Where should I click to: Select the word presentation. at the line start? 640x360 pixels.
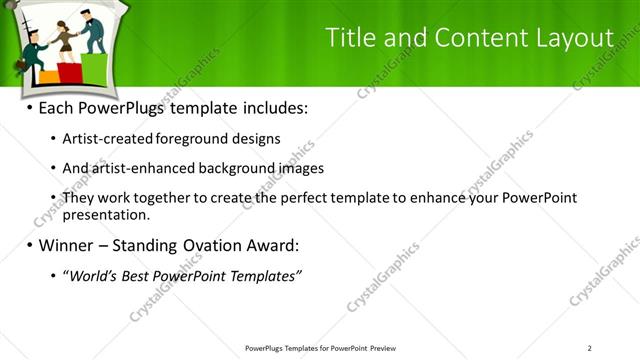106,214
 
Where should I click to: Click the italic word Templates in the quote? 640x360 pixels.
262,275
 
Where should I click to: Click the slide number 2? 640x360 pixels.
590,348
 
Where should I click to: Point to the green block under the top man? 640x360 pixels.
95,67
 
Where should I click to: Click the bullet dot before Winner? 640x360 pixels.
29,245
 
